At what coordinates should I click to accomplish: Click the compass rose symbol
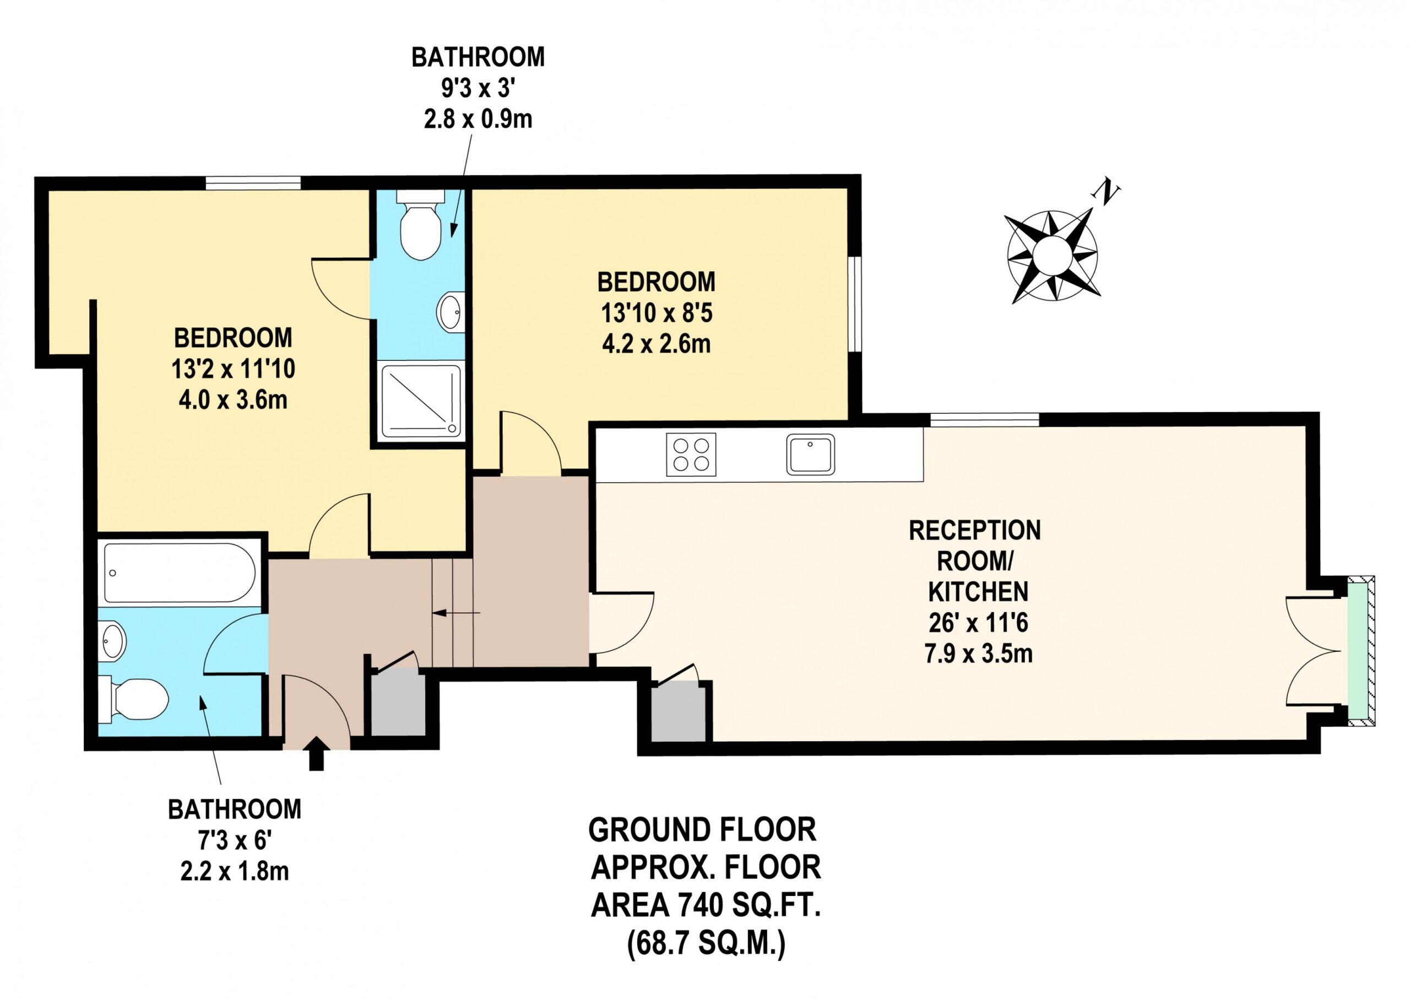tap(1052, 255)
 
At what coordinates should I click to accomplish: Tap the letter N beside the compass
tap(1105, 192)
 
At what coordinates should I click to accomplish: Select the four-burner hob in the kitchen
tap(691, 455)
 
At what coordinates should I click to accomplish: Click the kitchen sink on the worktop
tap(810, 455)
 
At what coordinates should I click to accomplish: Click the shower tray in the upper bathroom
tap(421, 401)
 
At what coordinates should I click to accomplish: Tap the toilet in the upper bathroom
tap(421, 225)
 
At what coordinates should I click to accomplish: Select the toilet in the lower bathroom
tap(133, 700)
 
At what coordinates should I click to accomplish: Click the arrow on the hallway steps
tap(456, 613)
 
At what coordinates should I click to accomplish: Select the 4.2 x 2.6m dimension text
tap(656, 344)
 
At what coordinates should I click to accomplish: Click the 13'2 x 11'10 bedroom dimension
tap(233, 369)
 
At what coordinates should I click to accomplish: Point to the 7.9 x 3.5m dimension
tap(978, 654)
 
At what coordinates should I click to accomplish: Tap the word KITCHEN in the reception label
tap(978, 591)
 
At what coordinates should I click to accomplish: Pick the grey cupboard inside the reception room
tap(679, 712)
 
